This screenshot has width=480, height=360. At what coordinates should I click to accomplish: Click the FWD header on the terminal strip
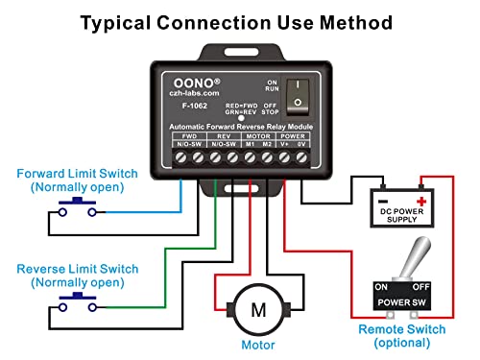[180, 136]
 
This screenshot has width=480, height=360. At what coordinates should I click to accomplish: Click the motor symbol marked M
[257, 308]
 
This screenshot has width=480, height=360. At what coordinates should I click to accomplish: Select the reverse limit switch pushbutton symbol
[74, 302]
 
